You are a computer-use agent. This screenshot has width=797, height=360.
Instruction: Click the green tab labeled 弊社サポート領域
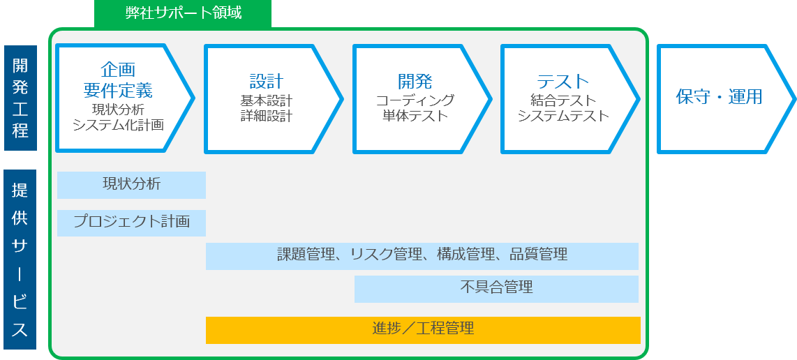182,13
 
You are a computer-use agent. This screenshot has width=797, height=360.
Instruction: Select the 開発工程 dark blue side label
20,98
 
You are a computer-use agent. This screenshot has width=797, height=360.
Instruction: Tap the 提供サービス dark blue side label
20,260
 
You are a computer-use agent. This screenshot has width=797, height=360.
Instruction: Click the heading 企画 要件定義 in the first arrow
118,80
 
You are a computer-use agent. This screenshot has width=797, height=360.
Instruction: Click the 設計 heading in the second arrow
267,81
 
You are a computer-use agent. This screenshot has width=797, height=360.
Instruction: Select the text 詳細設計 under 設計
267,116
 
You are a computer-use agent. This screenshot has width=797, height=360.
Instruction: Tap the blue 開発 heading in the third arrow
415,81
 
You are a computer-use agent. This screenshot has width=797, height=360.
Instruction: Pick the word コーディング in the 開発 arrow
415,100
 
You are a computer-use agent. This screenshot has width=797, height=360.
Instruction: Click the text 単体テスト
415,116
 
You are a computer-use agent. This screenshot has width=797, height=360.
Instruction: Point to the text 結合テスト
563,100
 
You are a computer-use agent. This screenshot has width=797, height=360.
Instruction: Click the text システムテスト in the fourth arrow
563,116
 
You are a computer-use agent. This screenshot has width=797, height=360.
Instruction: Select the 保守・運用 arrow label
720,96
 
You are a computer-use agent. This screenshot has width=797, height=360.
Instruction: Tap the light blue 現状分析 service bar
131,185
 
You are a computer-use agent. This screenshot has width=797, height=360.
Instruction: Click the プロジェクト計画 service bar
131,223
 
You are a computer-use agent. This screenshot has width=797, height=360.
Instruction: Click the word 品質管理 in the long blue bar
539,254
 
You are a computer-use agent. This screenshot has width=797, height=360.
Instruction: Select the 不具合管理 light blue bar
496,289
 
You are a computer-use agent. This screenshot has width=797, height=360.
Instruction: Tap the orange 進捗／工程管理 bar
423,330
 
